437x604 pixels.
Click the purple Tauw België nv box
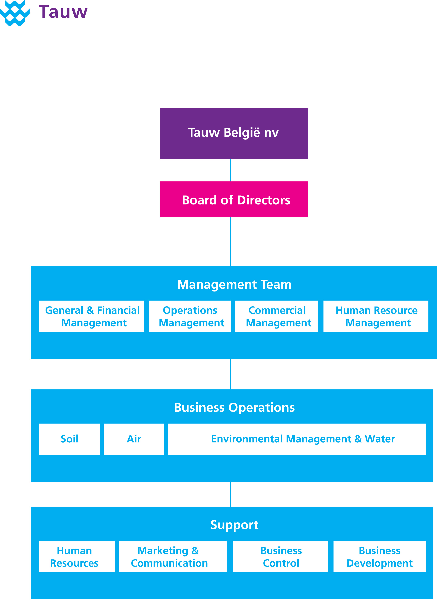234,134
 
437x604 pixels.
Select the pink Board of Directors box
234,199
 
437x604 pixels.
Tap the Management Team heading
234,284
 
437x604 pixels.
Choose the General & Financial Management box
92,316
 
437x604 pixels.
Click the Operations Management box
190,316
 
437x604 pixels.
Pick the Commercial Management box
277,316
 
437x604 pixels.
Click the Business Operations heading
234,407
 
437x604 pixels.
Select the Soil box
69,439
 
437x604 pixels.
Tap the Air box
134,439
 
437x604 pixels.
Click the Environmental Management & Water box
297,439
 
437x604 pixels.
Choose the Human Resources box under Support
77,557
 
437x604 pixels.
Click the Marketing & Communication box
173,557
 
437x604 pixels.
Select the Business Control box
281,557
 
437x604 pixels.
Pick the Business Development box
380,557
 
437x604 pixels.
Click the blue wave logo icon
15,13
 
